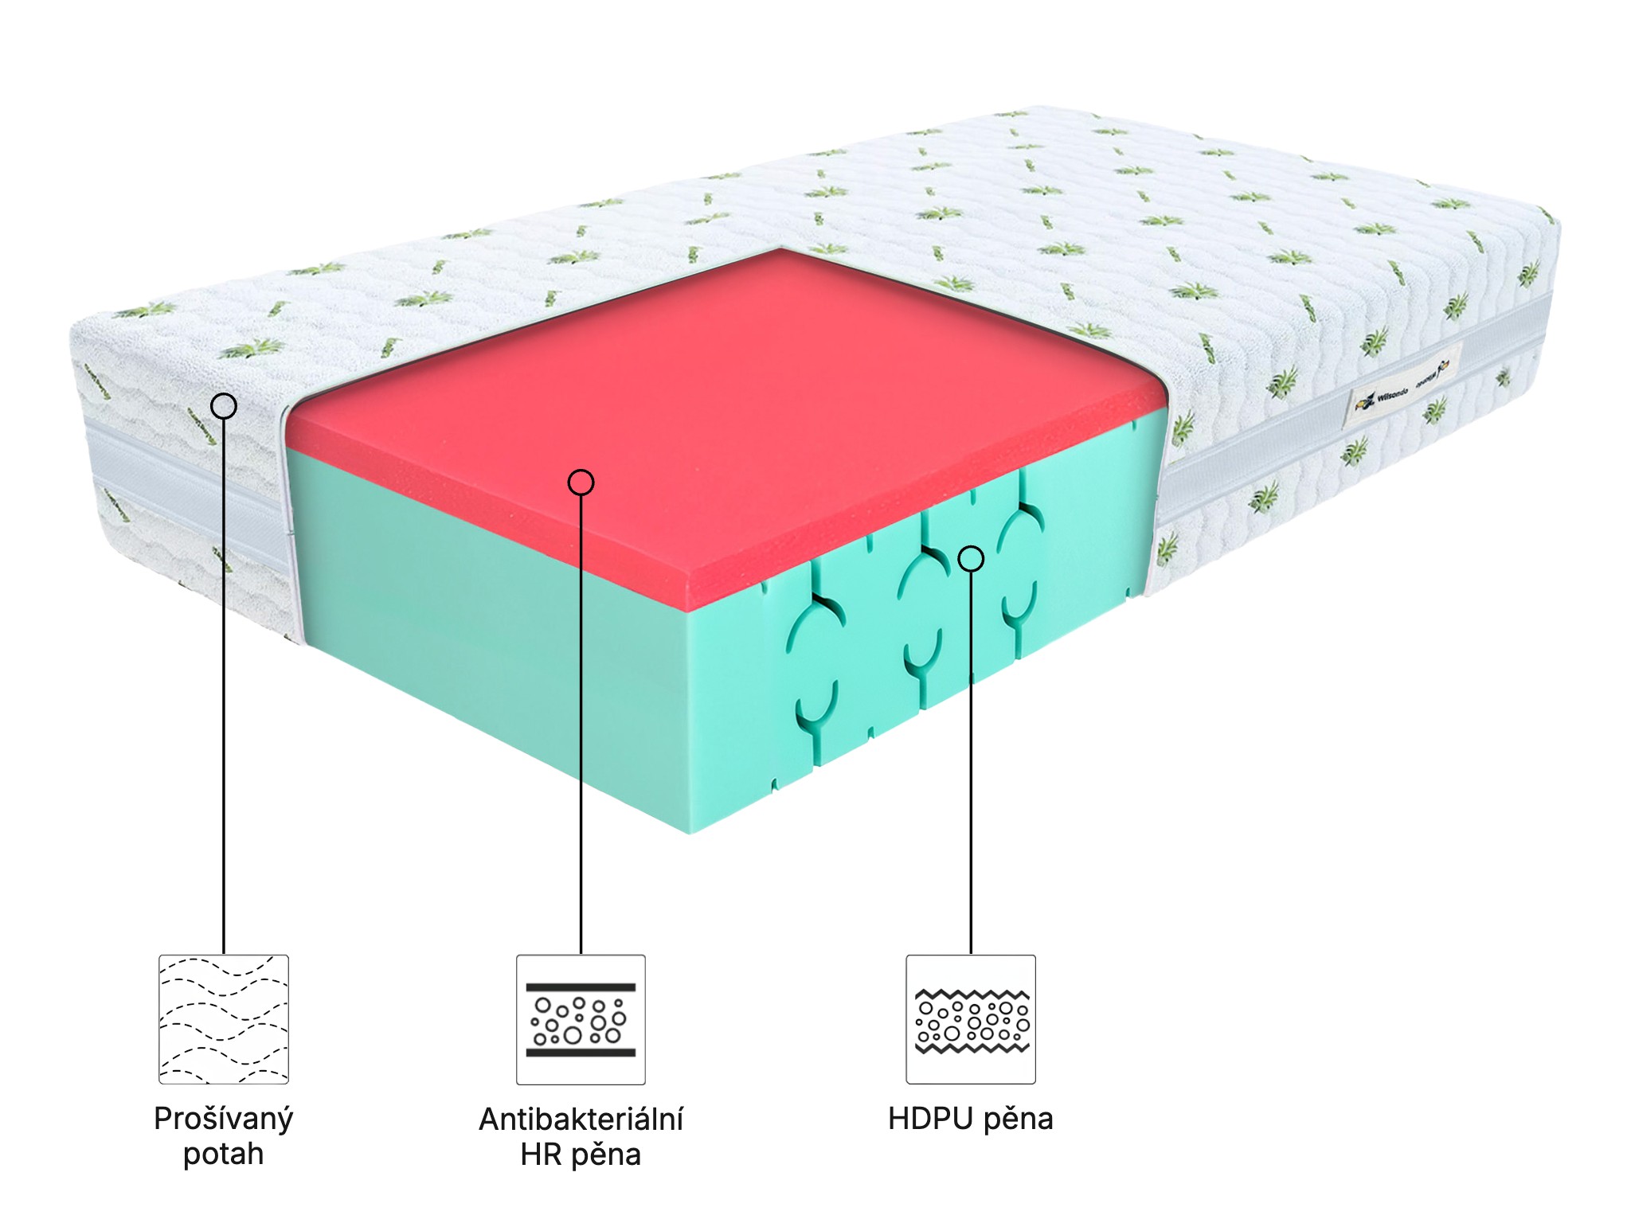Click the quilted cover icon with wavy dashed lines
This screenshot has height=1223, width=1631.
(224, 1019)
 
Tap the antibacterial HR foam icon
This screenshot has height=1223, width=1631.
(581, 1019)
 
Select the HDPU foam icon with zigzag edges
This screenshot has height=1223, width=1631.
(971, 1019)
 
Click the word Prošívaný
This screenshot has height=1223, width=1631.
(224, 1119)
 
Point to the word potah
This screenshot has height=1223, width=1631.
(224, 1154)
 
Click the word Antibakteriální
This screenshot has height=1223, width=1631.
(581, 1119)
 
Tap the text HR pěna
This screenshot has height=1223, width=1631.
(581, 1154)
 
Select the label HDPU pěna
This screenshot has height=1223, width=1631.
(971, 1119)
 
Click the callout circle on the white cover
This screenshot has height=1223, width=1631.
(224, 406)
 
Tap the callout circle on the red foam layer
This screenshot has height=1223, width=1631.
(581, 482)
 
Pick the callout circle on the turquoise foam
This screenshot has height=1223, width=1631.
(971, 559)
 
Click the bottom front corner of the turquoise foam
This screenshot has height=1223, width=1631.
(690, 831)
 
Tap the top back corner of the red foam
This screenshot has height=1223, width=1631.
(782, 251)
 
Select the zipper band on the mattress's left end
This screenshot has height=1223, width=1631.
(183, 486)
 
